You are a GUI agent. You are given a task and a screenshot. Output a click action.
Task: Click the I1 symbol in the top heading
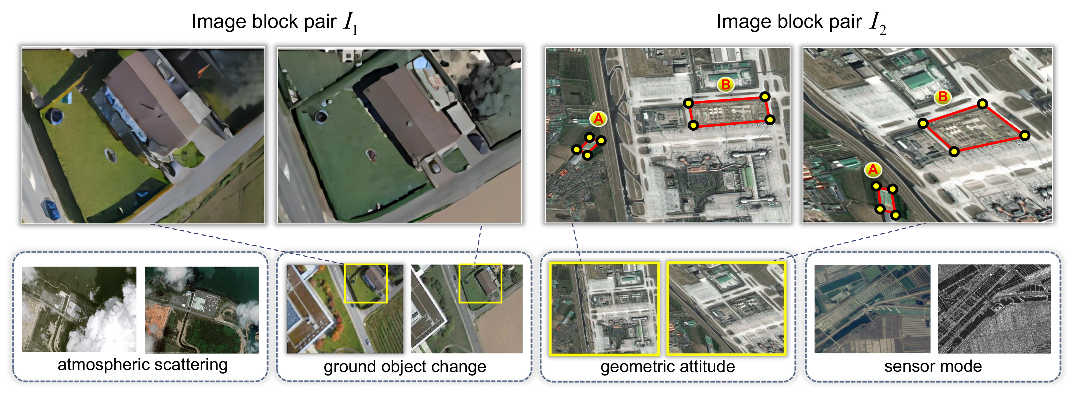click(350, 23)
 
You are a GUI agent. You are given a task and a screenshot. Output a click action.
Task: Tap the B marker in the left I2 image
click(726, 85)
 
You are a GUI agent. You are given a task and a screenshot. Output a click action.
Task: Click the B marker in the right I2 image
click(943, 97)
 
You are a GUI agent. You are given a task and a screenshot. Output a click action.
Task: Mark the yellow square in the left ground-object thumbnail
click(366, 283)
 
